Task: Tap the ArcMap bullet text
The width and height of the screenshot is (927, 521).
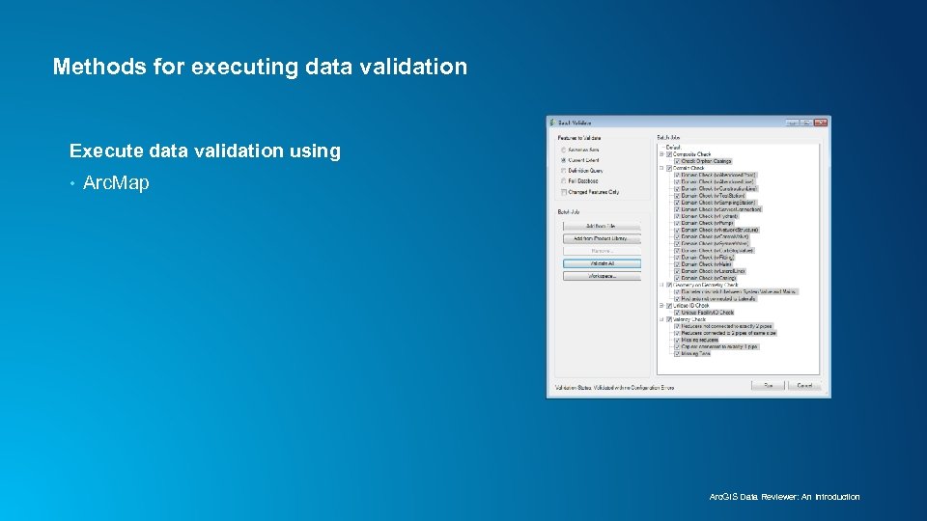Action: point(116,182)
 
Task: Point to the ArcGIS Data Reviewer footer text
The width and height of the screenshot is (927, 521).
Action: point(784,497)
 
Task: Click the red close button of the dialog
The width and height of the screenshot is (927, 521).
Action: point(821,123)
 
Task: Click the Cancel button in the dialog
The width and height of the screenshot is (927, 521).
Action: point(803,385)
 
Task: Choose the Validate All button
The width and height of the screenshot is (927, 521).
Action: point(602,263)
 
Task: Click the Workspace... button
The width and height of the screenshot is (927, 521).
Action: point(602,276)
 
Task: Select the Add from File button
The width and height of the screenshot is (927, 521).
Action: point(602,226)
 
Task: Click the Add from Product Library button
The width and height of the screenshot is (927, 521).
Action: point(602,238)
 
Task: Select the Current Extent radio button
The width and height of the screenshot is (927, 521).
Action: point(564,160)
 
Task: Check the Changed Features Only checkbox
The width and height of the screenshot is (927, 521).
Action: point(564,191)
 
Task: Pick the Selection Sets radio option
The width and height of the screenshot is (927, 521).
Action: point(564,150)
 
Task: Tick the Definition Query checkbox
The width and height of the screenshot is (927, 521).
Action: point(564,171)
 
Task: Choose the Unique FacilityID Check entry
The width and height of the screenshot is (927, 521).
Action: point(707,313)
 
